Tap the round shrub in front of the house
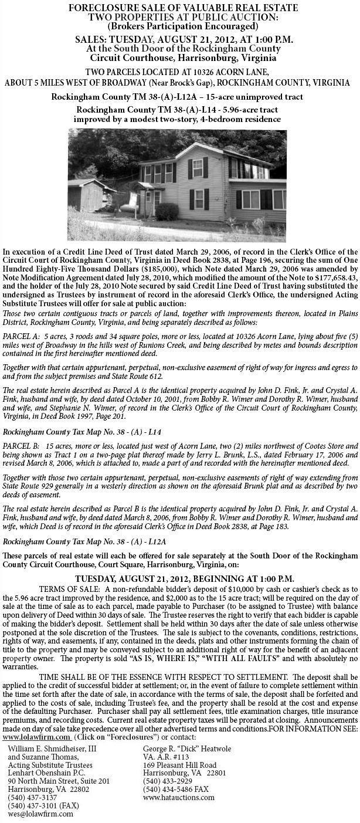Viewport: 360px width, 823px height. click(x=168, y=211)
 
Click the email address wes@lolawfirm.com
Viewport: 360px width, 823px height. click(x=40, y=814)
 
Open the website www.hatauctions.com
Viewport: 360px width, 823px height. click(x=179, y=797)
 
